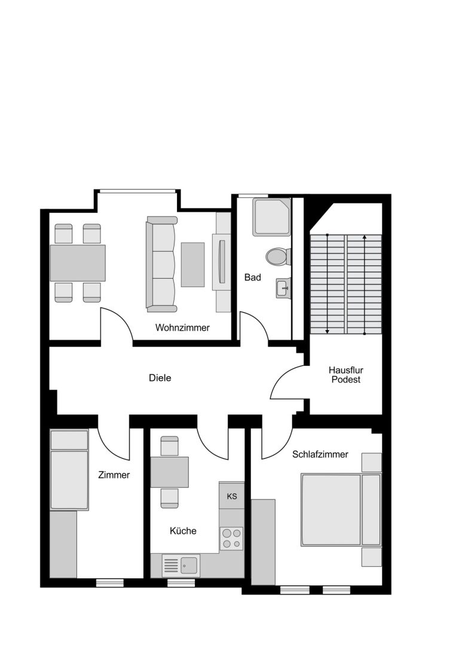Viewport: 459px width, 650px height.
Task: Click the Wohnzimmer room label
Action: pos(182,328)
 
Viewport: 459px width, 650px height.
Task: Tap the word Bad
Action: pos(253,277)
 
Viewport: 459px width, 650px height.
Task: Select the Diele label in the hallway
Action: pos(160,378)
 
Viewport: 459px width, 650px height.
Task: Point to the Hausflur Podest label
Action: pos(346,374)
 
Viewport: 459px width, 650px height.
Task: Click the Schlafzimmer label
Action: pos(320,454)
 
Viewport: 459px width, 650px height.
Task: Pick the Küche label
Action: pos(183,530)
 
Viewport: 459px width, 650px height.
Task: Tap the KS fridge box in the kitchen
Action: pos(231,496)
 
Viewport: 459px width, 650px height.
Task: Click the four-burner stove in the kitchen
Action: pos(231,538)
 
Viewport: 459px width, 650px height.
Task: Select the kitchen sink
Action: pos(181,566)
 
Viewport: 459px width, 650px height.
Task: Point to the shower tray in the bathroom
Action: pos(272,217)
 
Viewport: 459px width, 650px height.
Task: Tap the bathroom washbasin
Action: pos(283,288)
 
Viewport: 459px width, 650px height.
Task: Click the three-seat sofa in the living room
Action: pos(161,264)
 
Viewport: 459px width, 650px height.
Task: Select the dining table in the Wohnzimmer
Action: pos(78,263)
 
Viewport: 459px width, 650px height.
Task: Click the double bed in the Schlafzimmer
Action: pos(341,509)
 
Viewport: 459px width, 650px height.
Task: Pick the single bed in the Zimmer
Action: pos(69,470)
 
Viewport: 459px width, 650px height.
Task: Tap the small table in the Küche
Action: pos(169,472)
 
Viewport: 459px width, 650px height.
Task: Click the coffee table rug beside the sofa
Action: pos(192,264)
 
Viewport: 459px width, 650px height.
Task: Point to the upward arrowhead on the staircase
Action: pos(365,237)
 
